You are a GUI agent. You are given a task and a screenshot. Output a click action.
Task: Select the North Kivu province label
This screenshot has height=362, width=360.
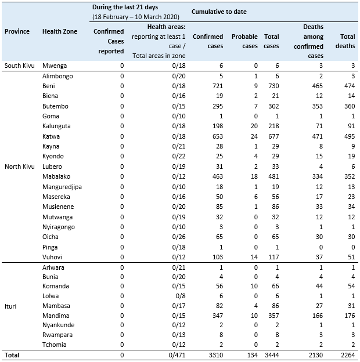[x=21, y=167]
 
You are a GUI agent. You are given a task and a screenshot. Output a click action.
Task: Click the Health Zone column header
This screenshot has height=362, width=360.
[x=60, y=31]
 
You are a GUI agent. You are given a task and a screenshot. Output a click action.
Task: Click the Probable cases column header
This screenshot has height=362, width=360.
[x=244, y=41]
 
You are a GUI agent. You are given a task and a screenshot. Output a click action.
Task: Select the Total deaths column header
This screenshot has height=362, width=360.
[x=347, y=41]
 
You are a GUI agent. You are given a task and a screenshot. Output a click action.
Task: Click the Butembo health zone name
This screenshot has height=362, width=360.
[x=55, y=106]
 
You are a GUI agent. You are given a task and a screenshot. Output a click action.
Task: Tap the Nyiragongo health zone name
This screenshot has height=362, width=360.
[x=59, y=227]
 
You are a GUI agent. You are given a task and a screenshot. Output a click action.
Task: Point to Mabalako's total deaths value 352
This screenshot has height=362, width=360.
[x=348, y=177]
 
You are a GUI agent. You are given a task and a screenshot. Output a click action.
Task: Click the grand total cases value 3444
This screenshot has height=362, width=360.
[x=270, y=354]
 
